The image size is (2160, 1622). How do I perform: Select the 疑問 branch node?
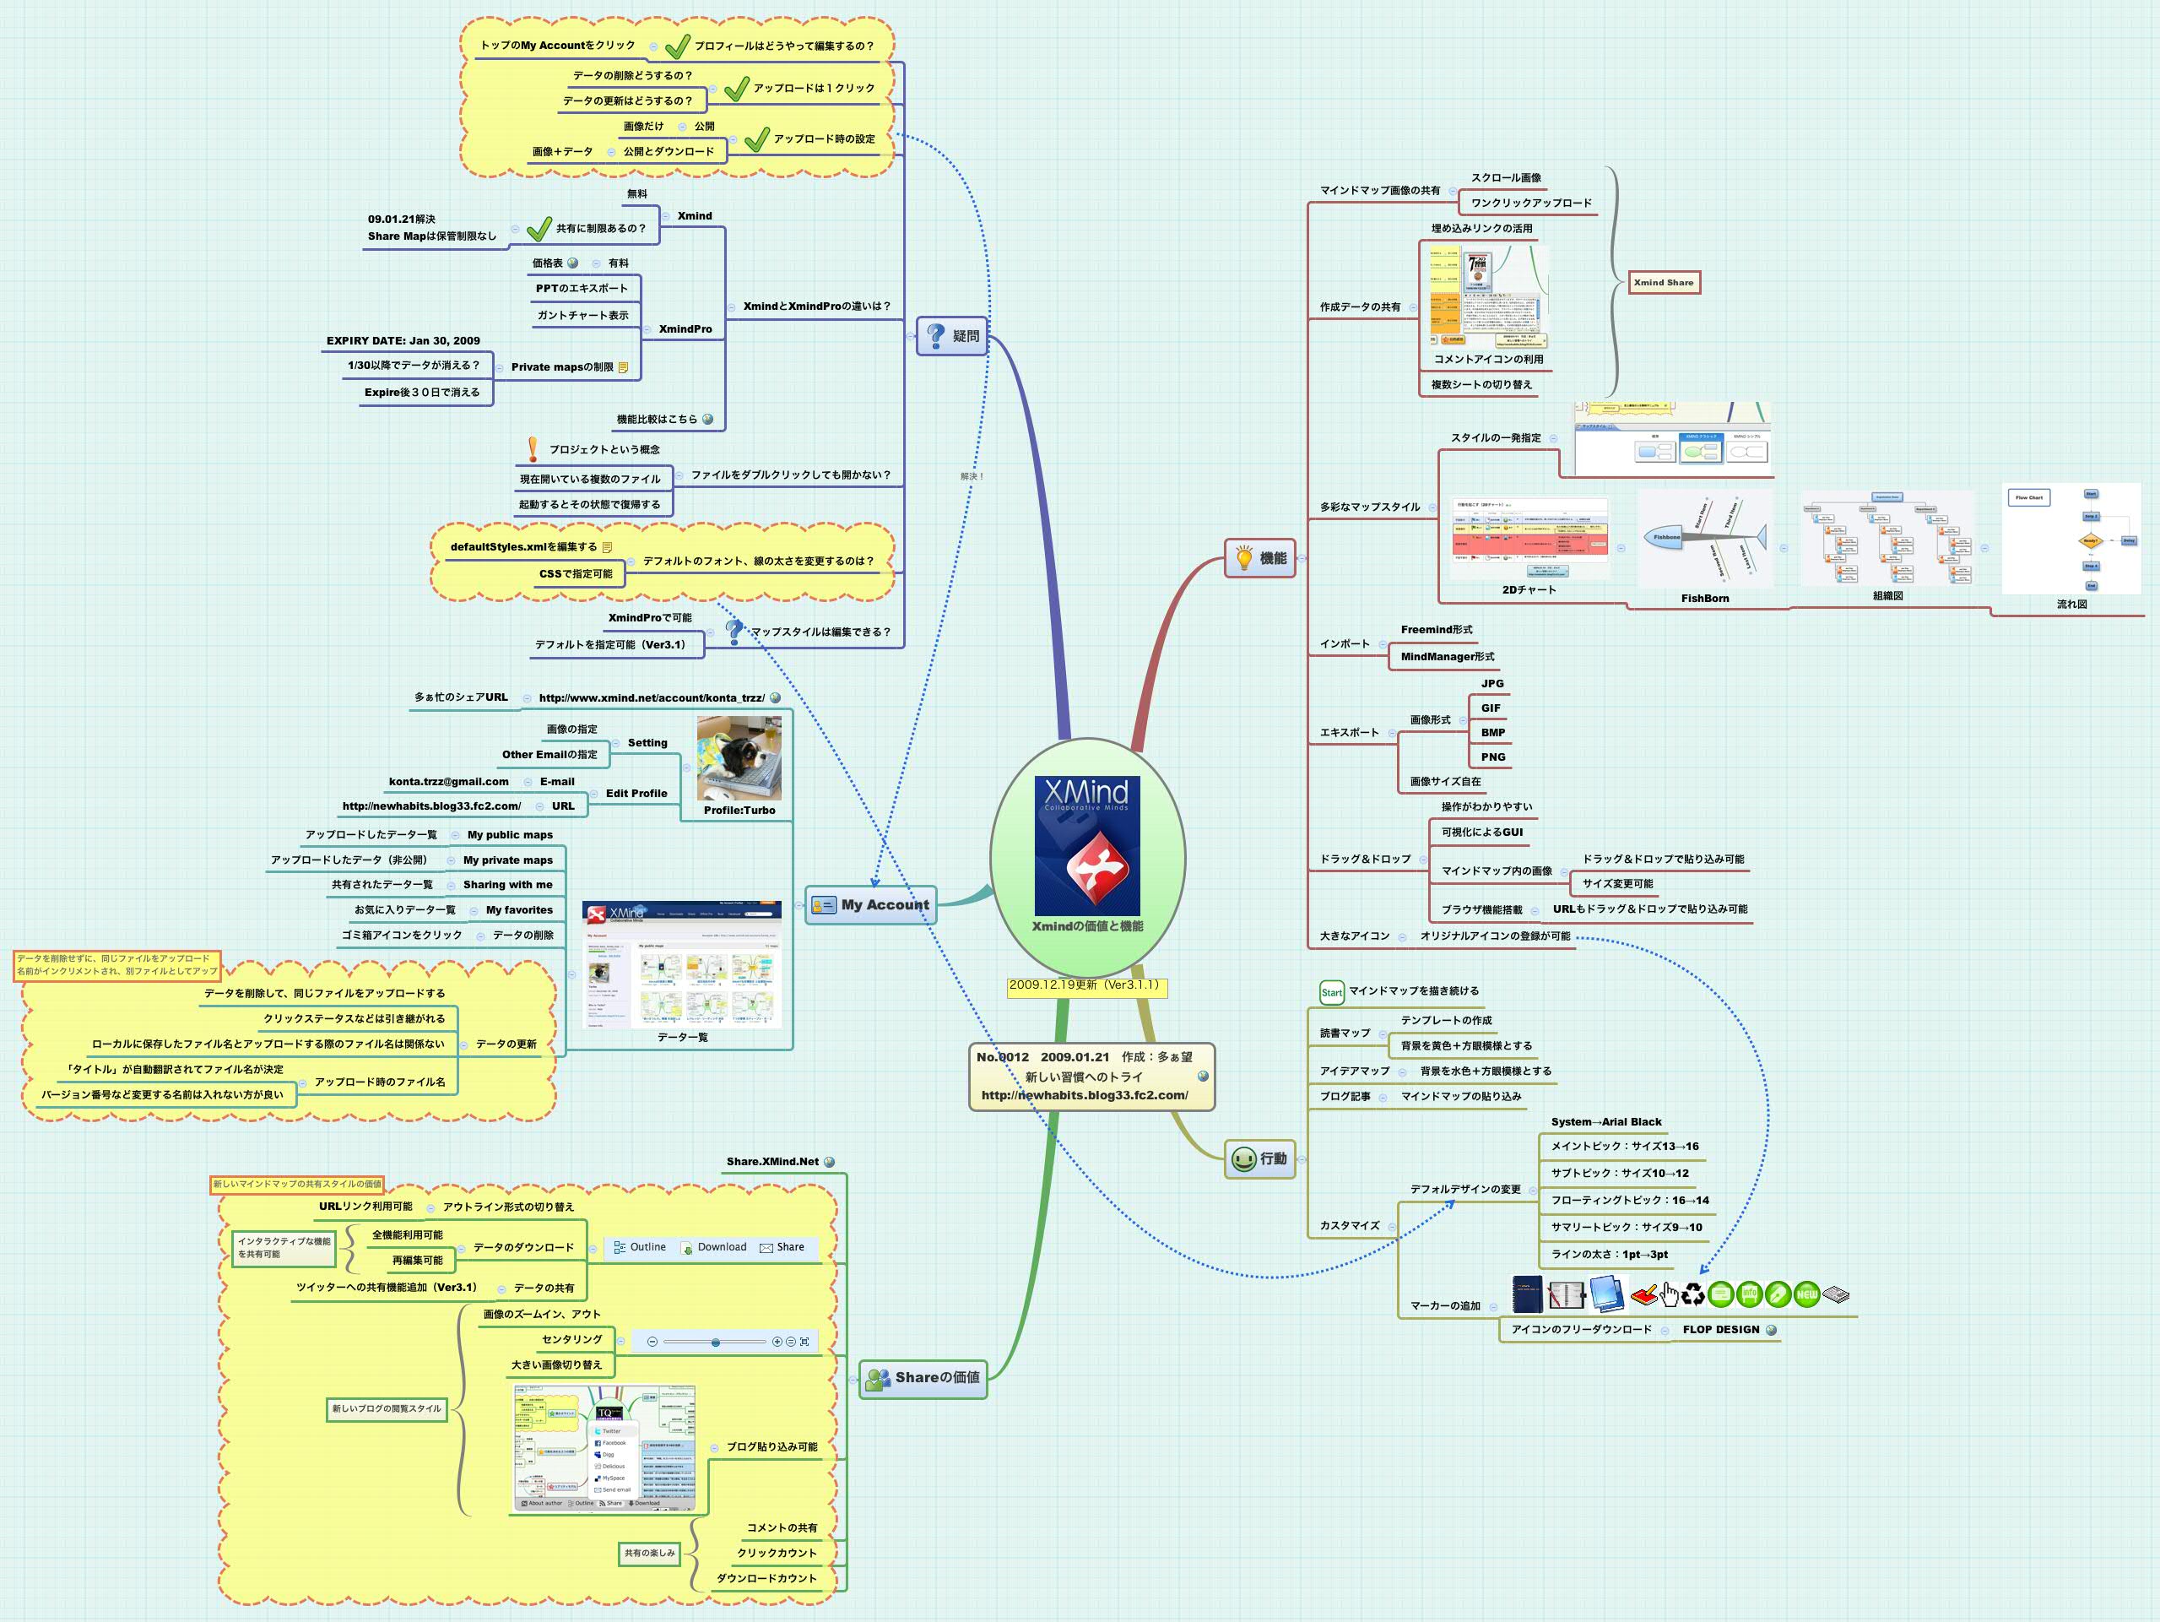tap(952, 336)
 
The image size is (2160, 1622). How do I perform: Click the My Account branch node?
tap(870, 905)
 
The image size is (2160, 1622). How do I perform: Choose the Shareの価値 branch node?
tap(923, 1378)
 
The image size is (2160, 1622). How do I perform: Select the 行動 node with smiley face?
tap(1259, 1159)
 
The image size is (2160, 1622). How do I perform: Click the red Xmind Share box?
tap(1664, 283)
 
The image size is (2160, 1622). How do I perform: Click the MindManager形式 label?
tap(1447, 657)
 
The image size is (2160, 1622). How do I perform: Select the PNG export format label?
tap(1492, 757)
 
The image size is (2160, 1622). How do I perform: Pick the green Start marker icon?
tap(1331, 992)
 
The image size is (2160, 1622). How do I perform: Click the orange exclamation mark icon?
tap(532, 449)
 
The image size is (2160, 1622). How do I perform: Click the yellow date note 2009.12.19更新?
tap(1087, 985)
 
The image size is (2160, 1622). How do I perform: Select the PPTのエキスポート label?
tap(581, 289)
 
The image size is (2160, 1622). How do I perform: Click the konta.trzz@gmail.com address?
tap(448, 782)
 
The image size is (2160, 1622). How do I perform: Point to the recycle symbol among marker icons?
tap(1692, 1295)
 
